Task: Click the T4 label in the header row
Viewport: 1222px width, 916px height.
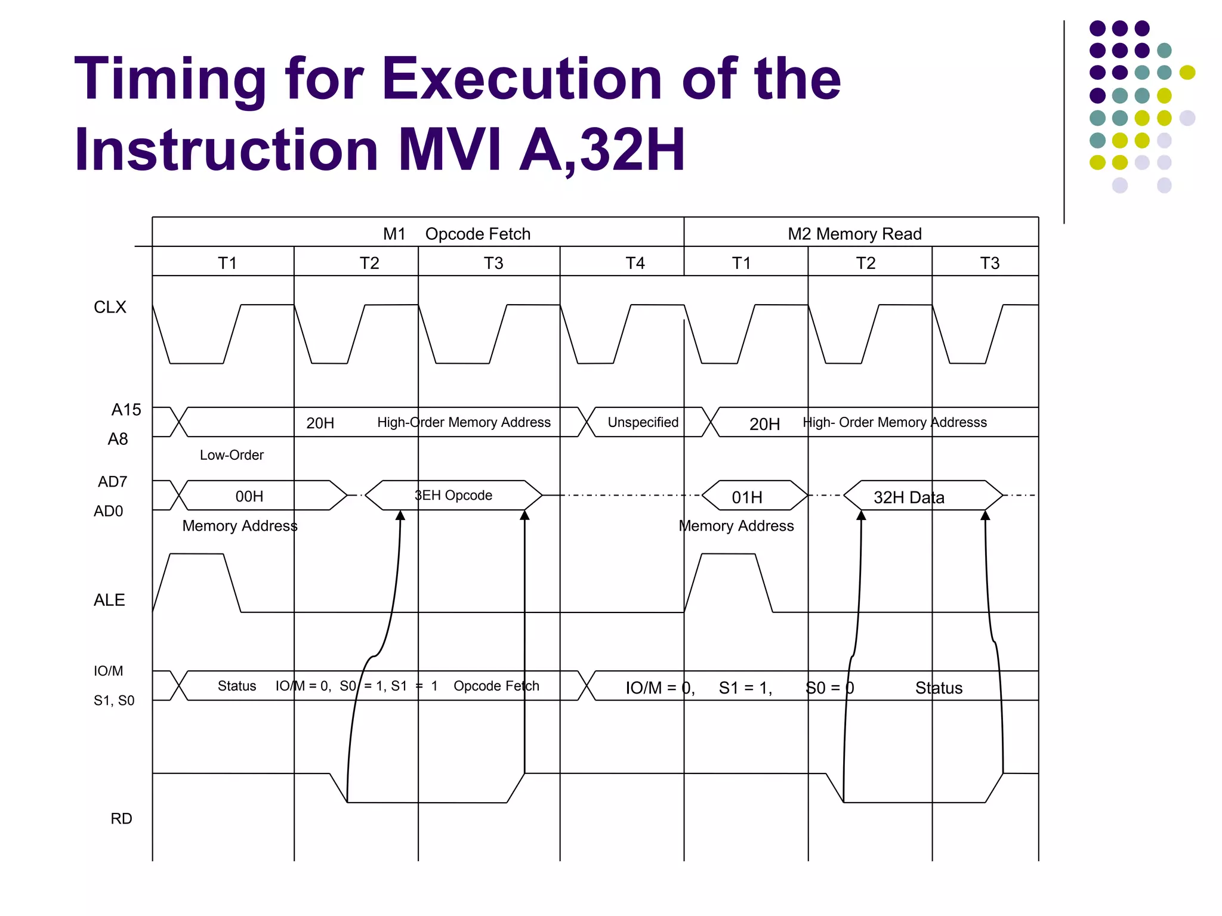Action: click(635, 263)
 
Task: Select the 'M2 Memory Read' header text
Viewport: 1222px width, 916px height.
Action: click(854, 234)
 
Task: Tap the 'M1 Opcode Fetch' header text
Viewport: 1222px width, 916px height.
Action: click(456, 234)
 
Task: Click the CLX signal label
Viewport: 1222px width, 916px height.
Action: click(110, 307)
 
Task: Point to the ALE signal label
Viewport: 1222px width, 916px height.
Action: click(109, 600)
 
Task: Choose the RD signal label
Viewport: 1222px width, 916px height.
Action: click(121, 819)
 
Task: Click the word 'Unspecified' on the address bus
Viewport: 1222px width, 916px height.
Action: click(643, 422)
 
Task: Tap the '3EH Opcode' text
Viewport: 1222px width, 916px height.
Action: click(453, 496)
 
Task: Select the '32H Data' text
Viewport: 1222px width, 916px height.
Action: click(909, 497)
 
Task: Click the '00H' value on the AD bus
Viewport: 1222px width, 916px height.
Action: click(249, 496)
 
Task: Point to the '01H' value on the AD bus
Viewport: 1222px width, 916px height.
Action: click(747, 497)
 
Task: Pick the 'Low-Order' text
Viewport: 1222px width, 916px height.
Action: click(232, 455)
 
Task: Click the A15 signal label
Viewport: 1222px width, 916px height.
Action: click(126, 410)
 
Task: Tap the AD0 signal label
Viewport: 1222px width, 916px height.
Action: click(108, 511)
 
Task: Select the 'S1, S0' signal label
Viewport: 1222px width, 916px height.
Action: click(114, 700)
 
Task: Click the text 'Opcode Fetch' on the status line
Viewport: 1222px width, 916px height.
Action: click(496, 686)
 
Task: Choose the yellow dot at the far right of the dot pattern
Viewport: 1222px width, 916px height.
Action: click(1187, 73)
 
